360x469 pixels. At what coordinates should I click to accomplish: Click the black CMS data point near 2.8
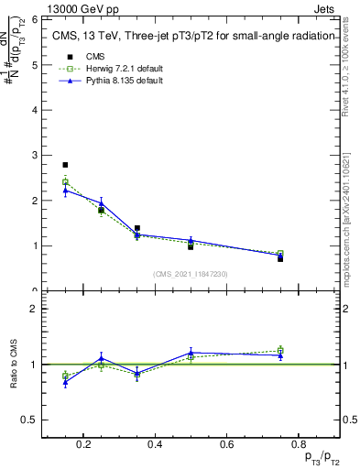pyautogui.click(x=65, y=165)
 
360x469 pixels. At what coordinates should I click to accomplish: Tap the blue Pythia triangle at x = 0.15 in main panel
pyautogui.click(x=65, y=191)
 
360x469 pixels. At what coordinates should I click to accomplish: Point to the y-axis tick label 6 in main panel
pyautogui.click(x=33, y=19)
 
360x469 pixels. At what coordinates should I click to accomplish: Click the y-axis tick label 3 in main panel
pyautogui.click(x=33, y=155)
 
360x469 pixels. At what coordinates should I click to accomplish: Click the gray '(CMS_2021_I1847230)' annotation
pyautogui.click(x=191, y=274)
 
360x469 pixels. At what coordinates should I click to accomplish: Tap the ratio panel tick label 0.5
pyautogui.click(x=29, y=420)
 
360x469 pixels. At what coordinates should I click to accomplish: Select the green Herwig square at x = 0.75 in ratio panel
pyautogui.click(x=280, y=350)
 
